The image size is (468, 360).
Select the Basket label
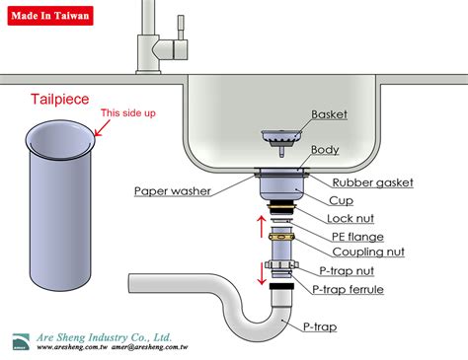pos(329,114)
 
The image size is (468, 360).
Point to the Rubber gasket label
pos(372,182)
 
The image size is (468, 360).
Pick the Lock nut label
pos(352,218)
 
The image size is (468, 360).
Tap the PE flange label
pos(358,237)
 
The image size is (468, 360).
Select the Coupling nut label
pos(367,252)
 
